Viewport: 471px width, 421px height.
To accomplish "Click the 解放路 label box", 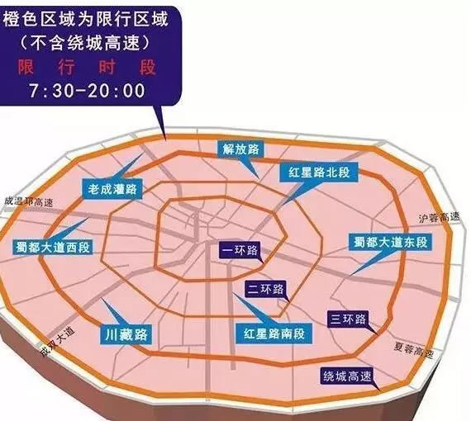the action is coord(240,149).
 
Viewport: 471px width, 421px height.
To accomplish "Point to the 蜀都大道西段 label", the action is coord(52,247).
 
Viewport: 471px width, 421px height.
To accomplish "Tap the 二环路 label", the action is coord(266,289).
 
